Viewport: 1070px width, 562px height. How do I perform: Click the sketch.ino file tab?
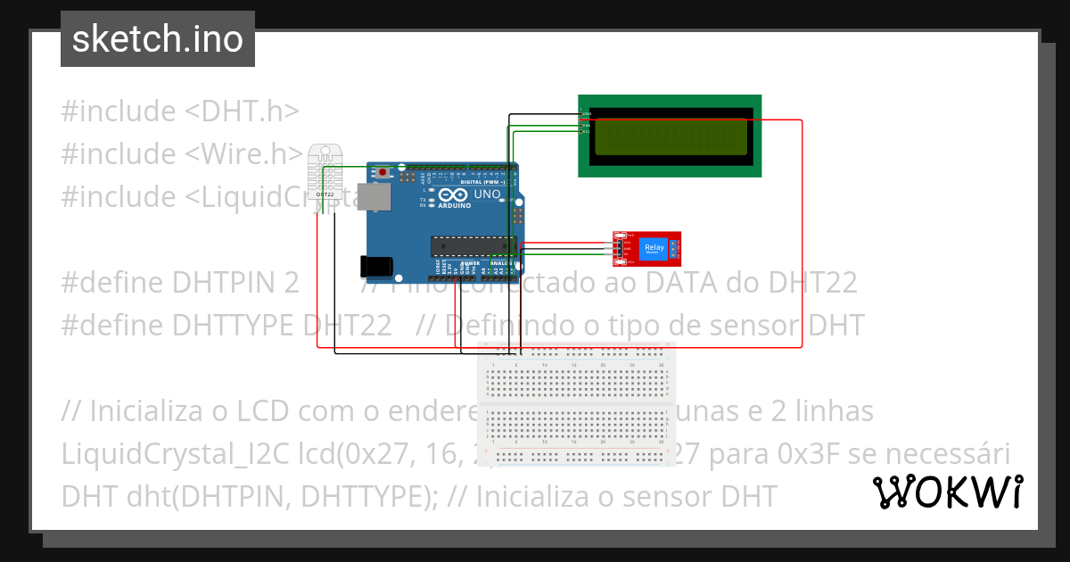[158, 39]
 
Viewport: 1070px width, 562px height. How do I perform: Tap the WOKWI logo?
[946, 491]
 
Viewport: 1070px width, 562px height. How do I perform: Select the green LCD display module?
[670, 136]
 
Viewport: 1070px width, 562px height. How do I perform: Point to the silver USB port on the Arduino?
[374, 197]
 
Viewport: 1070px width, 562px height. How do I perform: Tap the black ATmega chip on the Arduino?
[473, 244]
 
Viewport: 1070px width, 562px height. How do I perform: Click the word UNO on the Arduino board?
[487, 194]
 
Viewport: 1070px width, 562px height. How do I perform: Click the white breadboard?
[576, 405]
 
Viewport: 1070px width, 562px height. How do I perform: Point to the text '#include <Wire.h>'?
[183, 153]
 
